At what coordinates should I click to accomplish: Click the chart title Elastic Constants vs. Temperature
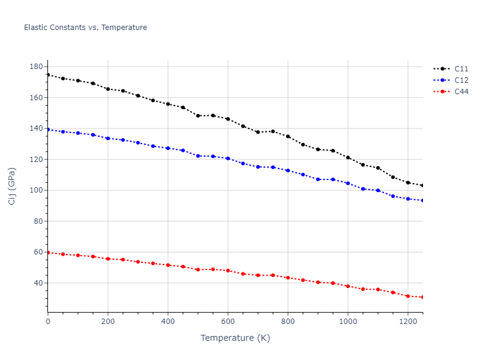[85, 28]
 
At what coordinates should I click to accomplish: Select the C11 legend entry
[461, 68]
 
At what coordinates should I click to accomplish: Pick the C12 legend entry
[461, 80]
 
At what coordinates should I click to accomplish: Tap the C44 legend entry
[461, 92]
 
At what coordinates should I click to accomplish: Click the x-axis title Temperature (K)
[235, 338]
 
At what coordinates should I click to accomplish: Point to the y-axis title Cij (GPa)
[12, 186]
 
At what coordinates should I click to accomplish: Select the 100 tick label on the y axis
[36, 190]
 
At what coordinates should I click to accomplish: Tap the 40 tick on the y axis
[38, 283]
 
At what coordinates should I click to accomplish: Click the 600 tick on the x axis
[228, 322]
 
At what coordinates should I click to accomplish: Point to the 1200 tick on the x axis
[408, 322]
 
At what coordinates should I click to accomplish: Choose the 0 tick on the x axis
[48, 322]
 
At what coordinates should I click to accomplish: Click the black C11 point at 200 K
[108, 89]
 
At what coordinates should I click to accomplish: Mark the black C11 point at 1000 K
[348, 157]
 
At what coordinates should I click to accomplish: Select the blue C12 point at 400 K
[168, 148]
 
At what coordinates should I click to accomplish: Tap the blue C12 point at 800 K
[288, 170]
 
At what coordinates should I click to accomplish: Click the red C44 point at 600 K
[228, 271]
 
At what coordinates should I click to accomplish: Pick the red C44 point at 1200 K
[408, 296]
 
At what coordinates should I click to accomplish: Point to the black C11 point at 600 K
[228, 119]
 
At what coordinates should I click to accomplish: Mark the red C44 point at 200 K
[108, 259]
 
